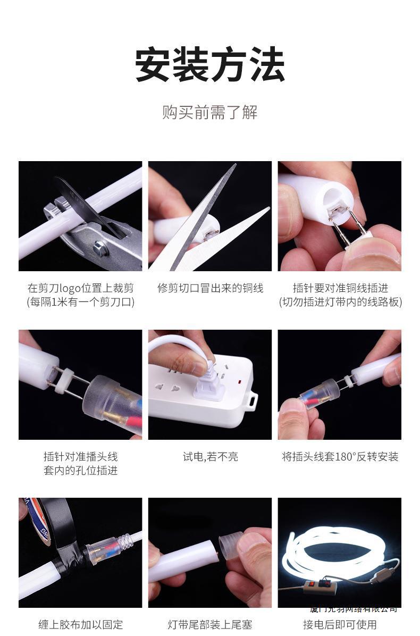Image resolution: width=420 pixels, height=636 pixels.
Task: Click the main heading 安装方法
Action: coord(209,65)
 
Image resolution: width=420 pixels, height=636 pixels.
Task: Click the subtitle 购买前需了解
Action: coord(209,113)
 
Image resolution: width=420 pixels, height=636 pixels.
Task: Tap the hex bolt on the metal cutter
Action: coord(99,247)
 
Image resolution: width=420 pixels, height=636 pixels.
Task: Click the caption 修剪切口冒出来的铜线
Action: coord(210,288)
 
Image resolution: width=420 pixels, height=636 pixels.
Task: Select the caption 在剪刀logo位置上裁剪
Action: coord(80,288)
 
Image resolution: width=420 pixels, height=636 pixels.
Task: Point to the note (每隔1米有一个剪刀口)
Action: coord(80,302)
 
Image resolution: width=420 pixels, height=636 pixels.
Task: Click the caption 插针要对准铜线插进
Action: coord(340,288)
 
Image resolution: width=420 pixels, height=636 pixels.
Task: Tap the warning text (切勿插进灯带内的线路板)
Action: coord(340,302)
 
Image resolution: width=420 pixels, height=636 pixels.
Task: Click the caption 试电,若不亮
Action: coord(210,457)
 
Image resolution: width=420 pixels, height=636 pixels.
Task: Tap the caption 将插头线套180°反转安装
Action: coord(340,457)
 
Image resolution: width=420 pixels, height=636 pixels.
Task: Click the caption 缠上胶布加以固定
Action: coord(80,624)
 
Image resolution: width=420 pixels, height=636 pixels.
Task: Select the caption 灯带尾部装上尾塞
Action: coord(210,624)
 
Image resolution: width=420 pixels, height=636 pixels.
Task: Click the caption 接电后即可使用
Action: coord(340,624)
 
